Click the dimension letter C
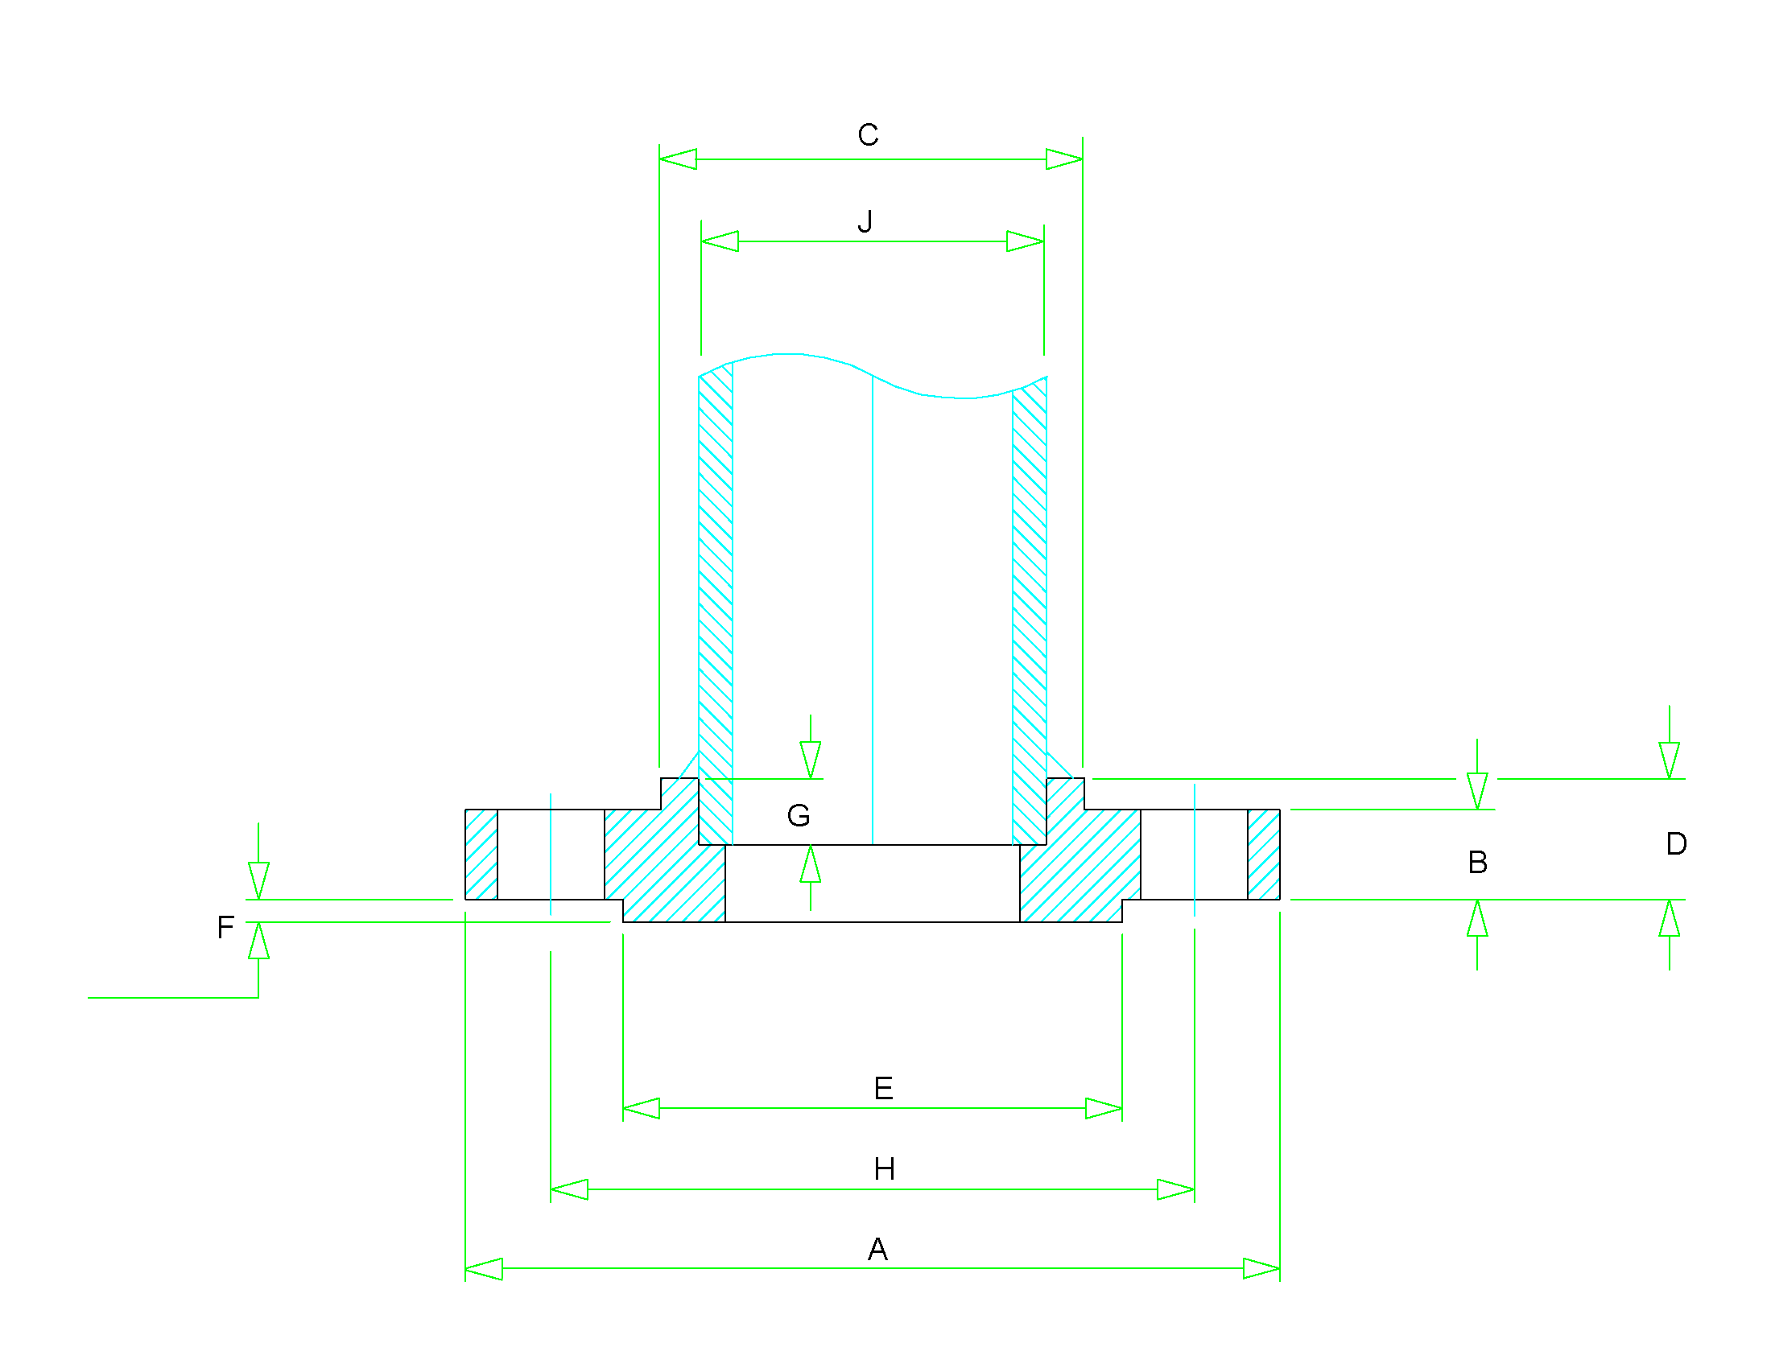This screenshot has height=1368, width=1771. (868, 135)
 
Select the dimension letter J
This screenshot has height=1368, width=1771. (865, 221)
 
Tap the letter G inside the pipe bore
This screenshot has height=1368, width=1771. (798, 815)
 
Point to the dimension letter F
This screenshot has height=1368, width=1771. (225, 927)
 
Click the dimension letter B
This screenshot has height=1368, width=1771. (1477, 863)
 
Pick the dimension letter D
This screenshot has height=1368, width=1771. (1676, 844)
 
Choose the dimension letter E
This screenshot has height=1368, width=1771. (883, 1089)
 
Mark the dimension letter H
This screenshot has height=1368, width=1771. (884, 1169)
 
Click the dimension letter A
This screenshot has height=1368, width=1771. (877, 1250)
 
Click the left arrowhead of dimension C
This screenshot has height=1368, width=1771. (678, 159)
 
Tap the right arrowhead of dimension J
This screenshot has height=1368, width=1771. (1025, 241)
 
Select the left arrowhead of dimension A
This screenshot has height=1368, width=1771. (484, 1269)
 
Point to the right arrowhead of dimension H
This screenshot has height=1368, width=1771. (1175, 1189)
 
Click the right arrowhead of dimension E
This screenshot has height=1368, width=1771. (1104, 1109)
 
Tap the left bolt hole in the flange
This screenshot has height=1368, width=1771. (551, 854)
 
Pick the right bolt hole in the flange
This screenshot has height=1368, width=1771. (1194, 854)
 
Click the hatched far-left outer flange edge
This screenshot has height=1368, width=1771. (481, 854)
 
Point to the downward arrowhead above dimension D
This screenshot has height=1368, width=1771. (1669, 760)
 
